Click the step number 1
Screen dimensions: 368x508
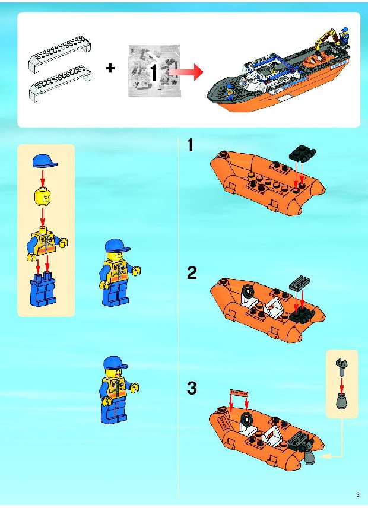click(x=191, y=145)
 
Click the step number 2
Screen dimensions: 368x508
click(x=192, y=273)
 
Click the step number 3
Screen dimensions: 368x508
click(x=192, y=388)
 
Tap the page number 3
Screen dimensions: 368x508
click(x=358, y=495)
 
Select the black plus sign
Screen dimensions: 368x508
click(x=110, y=68)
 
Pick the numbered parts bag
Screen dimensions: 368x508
click(x=154, y=71)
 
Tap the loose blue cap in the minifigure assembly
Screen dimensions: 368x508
click(x=45, y=161)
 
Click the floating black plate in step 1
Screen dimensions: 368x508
click(x=303, y=153)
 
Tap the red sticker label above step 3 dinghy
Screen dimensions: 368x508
click(x=239, y=393)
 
